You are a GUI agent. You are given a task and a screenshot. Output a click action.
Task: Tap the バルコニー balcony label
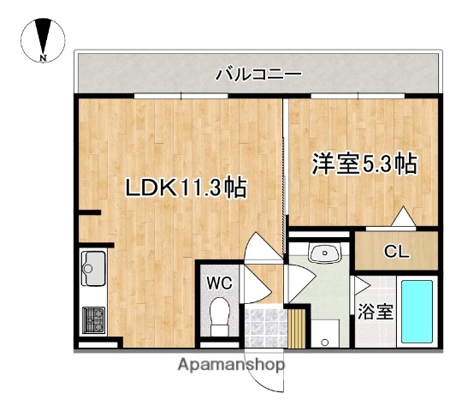coord(258,74)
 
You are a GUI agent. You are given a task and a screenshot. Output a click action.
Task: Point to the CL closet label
coord(394,252)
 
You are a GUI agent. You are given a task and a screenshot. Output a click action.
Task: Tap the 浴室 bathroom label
coord(376,311)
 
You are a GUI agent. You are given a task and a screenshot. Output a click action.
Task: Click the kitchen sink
coord(92,271)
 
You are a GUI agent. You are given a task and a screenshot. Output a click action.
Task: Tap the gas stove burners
coord(92,321)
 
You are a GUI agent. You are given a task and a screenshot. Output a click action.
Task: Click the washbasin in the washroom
coord(323,253)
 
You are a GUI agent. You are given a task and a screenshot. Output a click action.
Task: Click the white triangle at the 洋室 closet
coord(403,218)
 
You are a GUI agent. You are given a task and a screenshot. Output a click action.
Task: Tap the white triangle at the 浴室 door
coord(360,285)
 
